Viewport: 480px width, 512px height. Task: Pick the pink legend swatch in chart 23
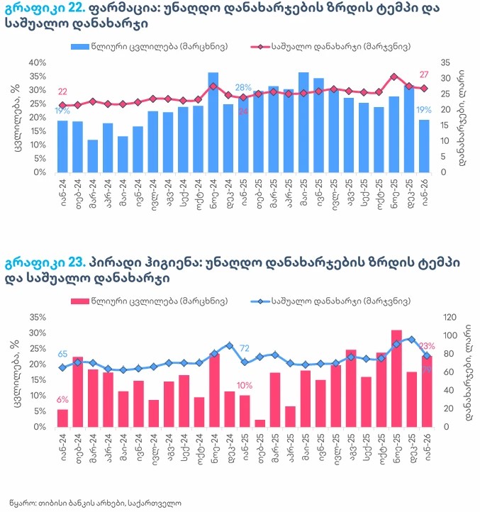click(81, 301)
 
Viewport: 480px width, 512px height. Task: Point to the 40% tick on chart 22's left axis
click(37, 63)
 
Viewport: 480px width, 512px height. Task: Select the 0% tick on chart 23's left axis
click(39, 427)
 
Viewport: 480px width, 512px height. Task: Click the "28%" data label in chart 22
click(243, 87)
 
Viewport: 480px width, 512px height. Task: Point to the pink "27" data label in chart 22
click(424, 75)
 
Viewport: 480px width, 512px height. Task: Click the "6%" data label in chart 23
click(62, 399)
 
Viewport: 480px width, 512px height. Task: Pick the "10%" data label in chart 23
click(245, 386)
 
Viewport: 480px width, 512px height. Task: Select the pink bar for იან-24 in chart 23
click(62, 418)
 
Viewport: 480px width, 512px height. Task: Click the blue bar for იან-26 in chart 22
click(424, 146)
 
